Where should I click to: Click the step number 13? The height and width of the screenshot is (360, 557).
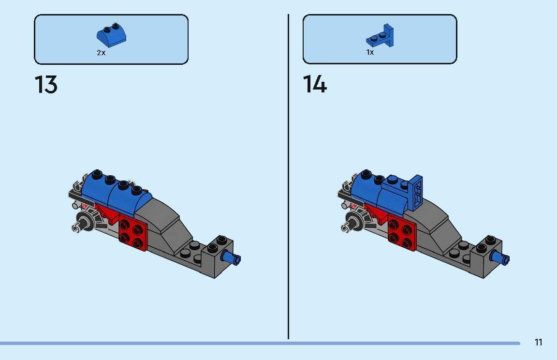[46, 85]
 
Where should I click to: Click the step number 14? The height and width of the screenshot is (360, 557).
[315, 85]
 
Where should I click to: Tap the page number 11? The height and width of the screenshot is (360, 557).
[538, 343]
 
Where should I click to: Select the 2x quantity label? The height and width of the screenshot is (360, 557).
[101, 53]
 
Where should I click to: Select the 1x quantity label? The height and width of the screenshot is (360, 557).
[370, 52]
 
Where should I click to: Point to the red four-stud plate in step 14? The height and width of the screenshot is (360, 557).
[402, 235]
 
